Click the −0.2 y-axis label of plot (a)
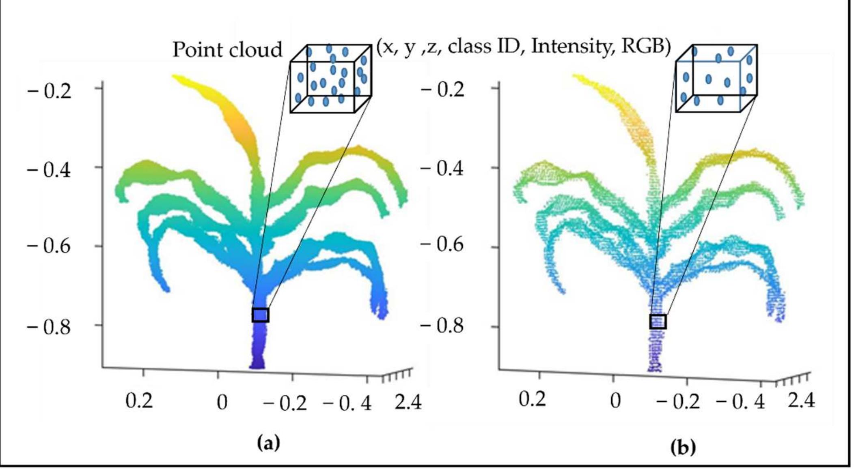point(49,90)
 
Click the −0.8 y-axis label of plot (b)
point(442,325)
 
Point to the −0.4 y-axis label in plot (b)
point(442,167)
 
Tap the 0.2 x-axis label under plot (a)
point(139,401)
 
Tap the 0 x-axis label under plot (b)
point(615,400)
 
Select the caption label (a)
point(269,443)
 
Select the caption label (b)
point(683,448)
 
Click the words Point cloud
point(227,50)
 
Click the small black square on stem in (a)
point(260,315)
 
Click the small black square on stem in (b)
point(658,321)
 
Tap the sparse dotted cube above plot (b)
point(716,78)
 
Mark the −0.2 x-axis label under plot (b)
point(678,401)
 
